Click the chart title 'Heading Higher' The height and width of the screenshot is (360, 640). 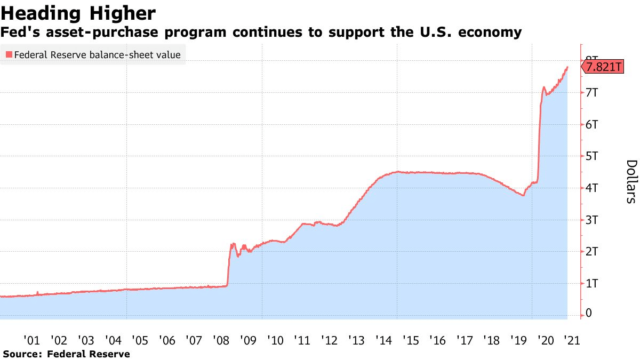(x=78, y=13)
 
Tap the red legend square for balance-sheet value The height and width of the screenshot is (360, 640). (x=9, y=54)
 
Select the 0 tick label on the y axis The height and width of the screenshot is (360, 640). (x=589, y=313)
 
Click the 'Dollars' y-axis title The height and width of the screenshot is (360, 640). (x=631, y=181)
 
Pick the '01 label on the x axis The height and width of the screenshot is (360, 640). (x=31, y=340)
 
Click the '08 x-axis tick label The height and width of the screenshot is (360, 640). (x=221, y=340)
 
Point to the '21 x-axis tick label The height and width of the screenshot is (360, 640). (x=572, y=340)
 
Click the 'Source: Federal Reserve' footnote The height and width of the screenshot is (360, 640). (x=67, y=354)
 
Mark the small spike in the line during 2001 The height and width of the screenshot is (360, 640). (x=37, y=292)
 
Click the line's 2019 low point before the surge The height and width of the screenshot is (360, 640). (x=523, y=195)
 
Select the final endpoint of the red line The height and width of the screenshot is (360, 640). (x=567, y=67)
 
